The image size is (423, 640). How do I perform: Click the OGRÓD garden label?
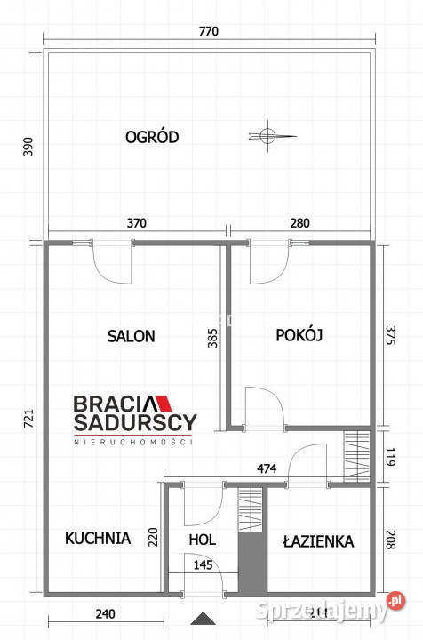[153, 137]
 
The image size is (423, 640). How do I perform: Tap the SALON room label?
[132, 336]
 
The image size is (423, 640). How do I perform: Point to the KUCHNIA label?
[98, 538]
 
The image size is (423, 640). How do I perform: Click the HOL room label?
[202, 540]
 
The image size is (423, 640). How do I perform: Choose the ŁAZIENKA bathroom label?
[319, 540]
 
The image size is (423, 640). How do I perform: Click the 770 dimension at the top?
[208, 32]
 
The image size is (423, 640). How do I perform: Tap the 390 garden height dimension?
[27, 148]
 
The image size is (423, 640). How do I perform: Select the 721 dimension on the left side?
[27, 417]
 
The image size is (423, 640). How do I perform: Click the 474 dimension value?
[265, 468]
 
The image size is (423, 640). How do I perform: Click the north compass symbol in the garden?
[265, 136]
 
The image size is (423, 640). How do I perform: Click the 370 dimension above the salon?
[135, 223]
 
